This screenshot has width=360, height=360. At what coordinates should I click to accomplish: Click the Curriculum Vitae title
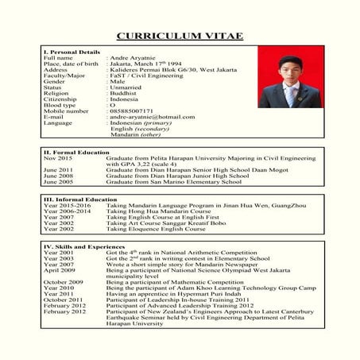(180, 36)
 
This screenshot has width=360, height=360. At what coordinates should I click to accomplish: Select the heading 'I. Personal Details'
(71, 52)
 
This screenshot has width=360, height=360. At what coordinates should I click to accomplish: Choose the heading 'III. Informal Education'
(79, 199)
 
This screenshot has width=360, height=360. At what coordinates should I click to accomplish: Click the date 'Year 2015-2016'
(67, 205)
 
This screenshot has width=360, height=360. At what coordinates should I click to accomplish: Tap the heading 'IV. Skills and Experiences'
(83, 246)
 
